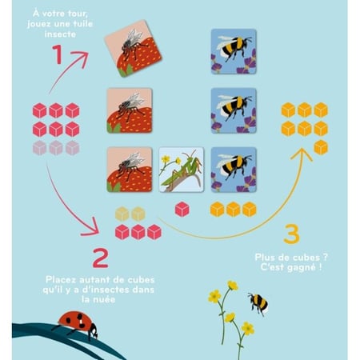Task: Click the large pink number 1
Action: point(58,54)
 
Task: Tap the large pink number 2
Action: point(101,258)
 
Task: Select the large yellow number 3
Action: point(292,234)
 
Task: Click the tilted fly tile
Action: point(133,48)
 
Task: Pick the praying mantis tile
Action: point(182,170)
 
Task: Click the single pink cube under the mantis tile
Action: point(182,209)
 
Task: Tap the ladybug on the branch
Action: point(77,325)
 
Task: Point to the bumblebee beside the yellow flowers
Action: point(258,304)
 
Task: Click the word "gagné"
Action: point(300,267)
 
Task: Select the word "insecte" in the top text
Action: point(60,34)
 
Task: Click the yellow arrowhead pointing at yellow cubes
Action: point(302,154)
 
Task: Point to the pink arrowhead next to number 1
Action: point(81,58)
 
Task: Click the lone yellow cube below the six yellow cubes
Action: point(321,147)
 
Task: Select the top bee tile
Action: point(234,51)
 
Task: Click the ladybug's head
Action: point(94,331)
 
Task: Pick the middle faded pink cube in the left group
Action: point(56,148)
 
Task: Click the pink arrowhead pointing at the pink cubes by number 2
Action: point(91,227)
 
